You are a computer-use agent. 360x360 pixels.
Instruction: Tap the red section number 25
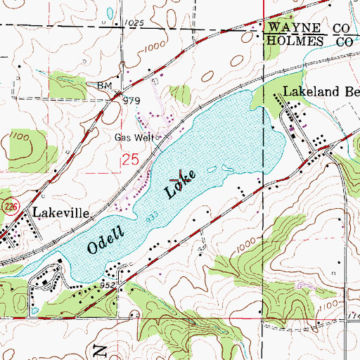(129, 160)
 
